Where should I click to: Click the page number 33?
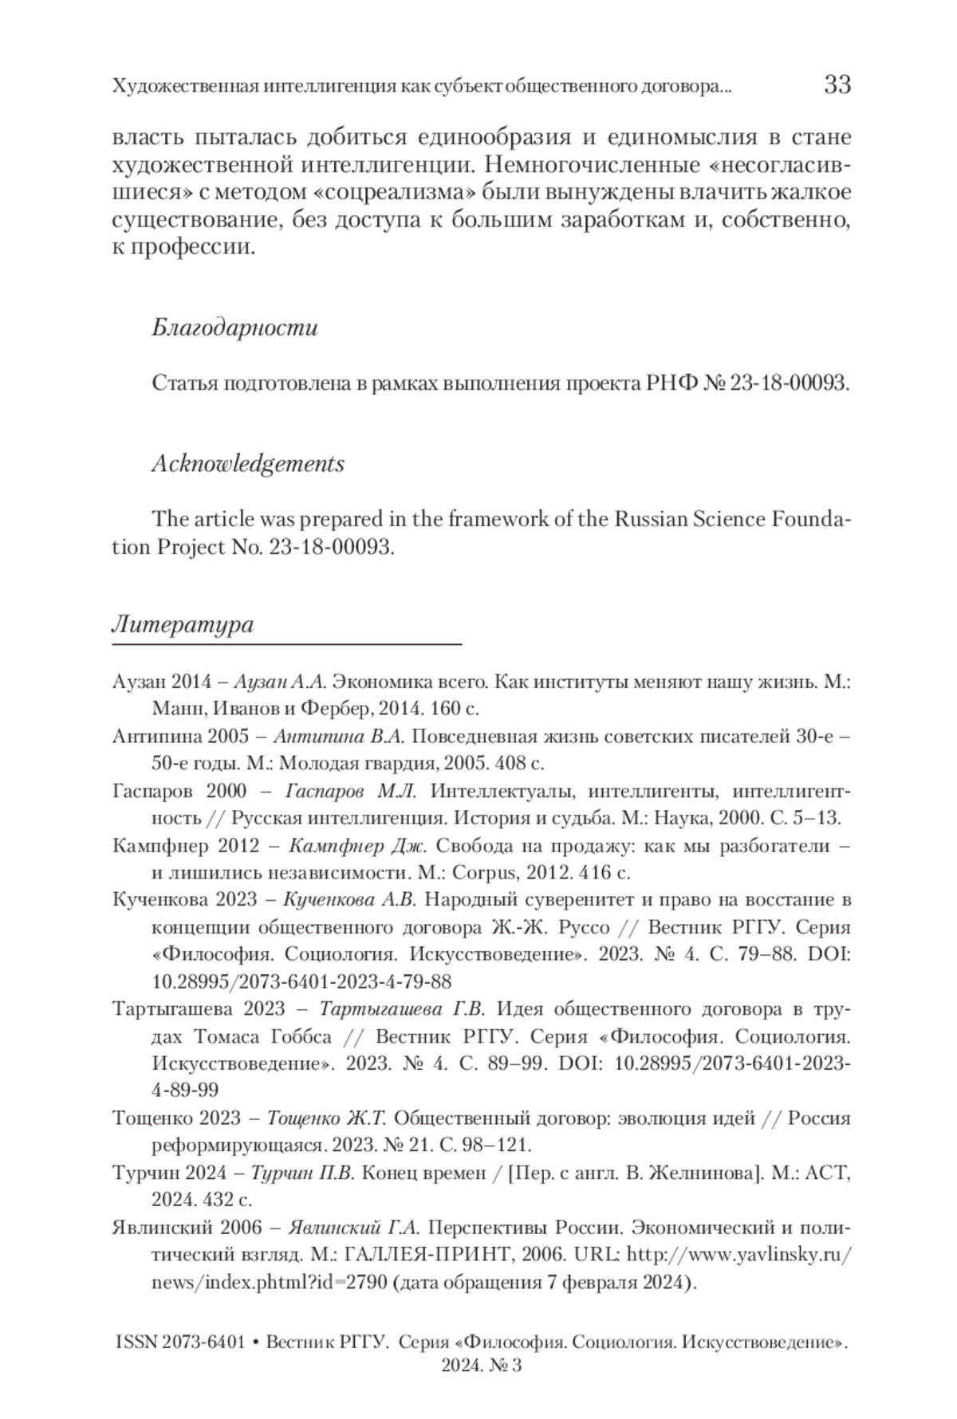pos(837,85)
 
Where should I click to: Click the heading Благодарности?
pos(234,328)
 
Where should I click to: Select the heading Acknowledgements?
pos(248,464)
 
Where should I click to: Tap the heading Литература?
pos(183,624)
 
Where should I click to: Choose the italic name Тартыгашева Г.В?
pos(402,1009)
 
